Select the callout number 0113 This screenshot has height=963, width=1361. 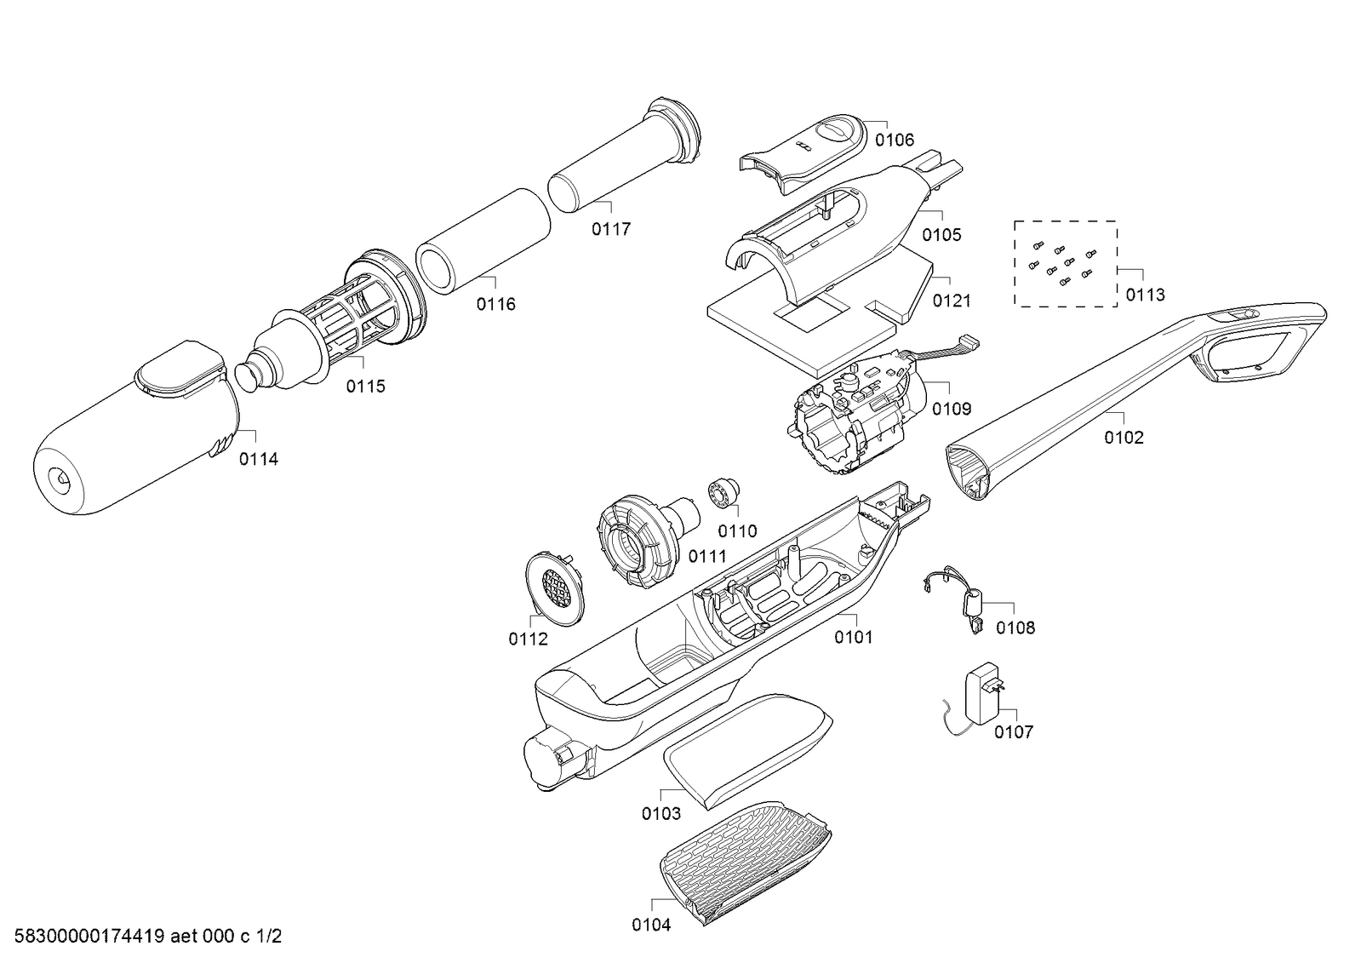(1145, 295)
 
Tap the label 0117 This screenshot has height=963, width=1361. (611, 229)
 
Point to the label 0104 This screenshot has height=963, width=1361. (651, 925)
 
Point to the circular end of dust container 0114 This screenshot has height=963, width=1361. (61, 480)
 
